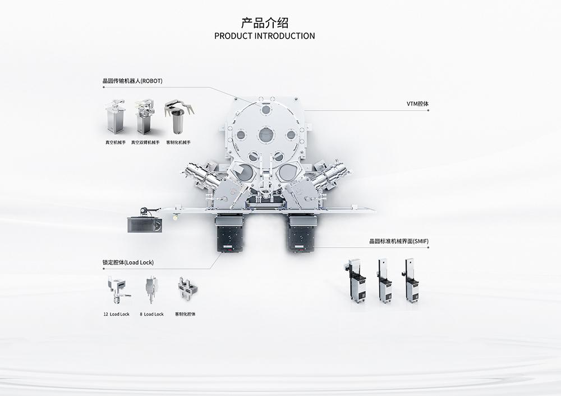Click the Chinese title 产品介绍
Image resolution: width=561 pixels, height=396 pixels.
point(264,22)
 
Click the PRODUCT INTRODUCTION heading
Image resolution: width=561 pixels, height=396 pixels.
point(264,36)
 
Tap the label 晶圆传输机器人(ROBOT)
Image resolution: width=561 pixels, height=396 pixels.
point(132,81)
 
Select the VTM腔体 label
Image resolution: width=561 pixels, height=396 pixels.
point(417,103)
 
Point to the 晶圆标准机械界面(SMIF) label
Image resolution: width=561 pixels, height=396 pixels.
point(399,241)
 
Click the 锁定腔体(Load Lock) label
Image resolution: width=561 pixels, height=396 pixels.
point(128,262)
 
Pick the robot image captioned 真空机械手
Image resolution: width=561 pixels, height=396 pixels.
point(115,116)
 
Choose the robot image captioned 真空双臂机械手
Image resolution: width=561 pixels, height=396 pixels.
point(145,116)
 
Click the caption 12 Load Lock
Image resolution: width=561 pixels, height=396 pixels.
point(116,315)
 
